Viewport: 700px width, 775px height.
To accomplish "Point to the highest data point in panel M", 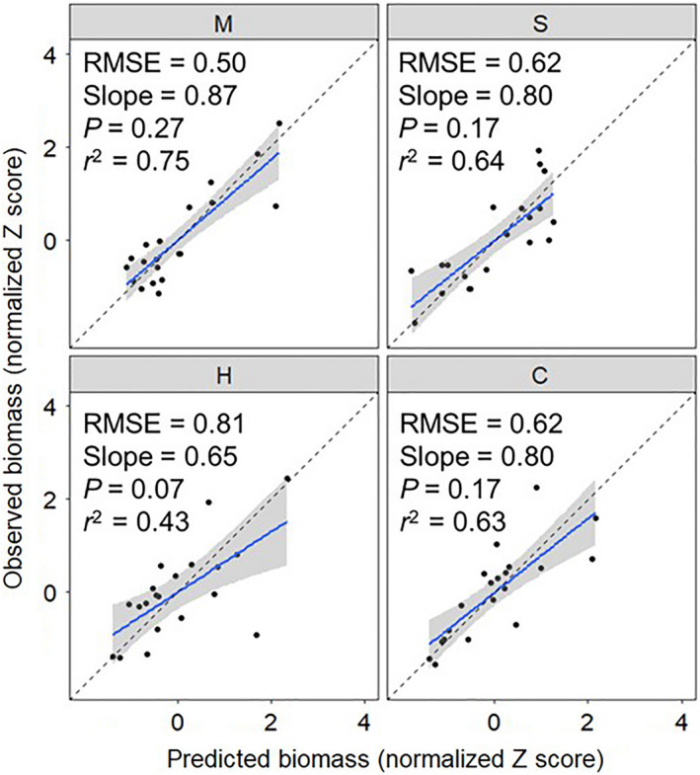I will click(279, 123).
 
